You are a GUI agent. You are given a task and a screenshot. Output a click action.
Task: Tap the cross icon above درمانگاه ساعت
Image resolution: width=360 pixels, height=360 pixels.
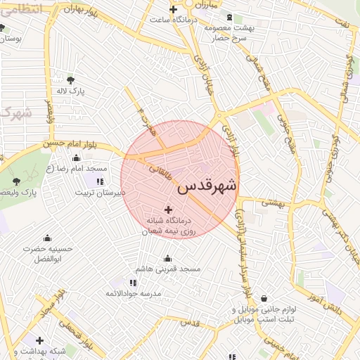point(173,9)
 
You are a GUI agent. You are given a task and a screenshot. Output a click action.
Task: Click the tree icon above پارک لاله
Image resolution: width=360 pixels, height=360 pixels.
point(70,79)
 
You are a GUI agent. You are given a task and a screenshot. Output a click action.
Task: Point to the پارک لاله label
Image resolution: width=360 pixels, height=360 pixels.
point(71,91)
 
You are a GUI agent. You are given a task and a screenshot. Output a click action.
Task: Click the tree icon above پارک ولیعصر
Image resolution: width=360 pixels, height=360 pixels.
point(16,181)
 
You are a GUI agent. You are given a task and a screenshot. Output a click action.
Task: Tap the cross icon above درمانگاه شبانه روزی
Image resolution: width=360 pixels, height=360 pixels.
point(168,209)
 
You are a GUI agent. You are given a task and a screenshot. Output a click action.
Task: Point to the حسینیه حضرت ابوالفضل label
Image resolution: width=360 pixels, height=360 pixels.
point(47,253)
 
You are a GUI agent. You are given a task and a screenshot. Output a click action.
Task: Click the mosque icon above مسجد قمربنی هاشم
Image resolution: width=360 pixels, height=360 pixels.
point(167,258)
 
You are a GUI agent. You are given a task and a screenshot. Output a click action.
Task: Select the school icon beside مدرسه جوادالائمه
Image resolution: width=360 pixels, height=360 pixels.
point(112,283)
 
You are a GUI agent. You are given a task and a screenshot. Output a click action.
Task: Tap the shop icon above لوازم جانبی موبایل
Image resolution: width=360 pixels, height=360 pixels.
point(264,298)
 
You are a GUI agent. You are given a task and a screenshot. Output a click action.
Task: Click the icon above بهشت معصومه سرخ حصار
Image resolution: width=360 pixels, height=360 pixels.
point(225,18)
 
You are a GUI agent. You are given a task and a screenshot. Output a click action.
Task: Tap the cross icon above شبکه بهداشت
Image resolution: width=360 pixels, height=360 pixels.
point(40,340)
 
